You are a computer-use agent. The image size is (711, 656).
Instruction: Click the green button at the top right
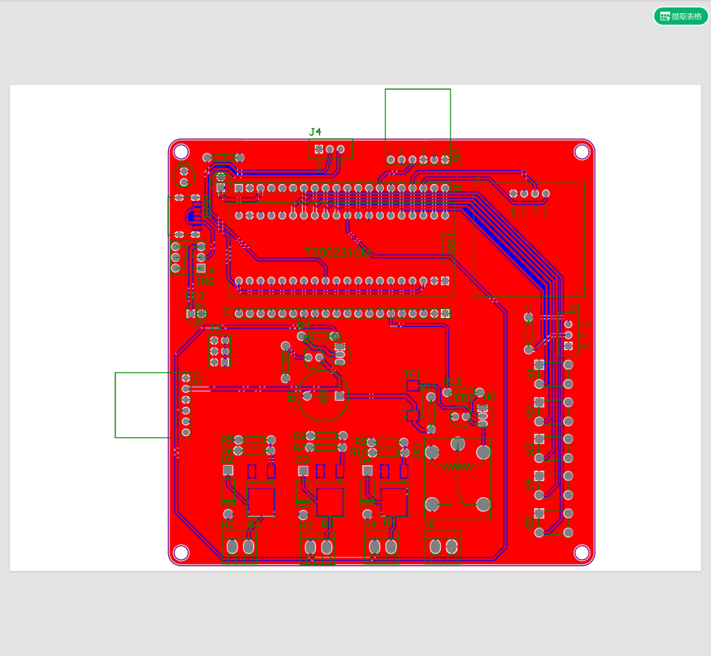680,16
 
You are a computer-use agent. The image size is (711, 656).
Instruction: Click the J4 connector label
315,132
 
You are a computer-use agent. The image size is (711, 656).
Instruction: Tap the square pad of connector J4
319,149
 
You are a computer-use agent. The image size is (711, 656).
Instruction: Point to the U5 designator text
196,379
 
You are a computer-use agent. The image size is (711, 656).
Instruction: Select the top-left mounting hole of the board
181,151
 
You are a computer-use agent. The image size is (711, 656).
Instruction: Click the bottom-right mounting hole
582,552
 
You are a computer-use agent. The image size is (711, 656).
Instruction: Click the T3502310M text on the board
339,253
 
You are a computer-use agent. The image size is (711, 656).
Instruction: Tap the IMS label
206,282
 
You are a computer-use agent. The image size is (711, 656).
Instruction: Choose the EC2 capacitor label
195,296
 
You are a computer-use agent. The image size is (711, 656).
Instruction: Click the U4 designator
574,308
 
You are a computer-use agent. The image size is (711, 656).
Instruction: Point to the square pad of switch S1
539,364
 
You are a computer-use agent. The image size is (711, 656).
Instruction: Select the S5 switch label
530,523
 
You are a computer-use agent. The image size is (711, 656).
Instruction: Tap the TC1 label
412,374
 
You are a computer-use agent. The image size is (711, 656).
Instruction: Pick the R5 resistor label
226,439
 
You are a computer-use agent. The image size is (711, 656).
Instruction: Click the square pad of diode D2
228,470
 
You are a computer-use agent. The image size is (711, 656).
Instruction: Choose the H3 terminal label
306,525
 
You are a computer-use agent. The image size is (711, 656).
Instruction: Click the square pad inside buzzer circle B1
339,396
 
